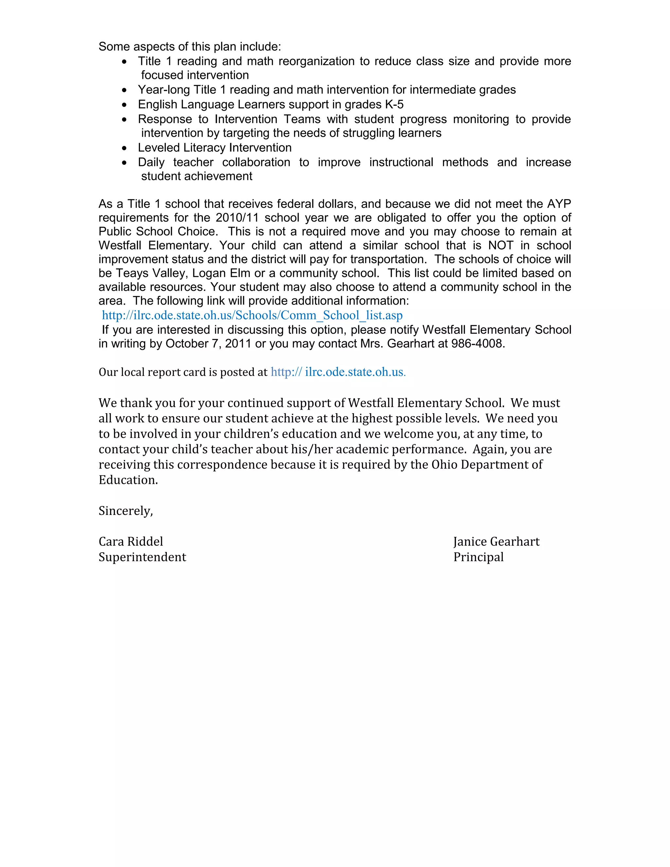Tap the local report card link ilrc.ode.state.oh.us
click(338, 372)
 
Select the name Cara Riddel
click(131, 541)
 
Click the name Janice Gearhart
click(496, 541)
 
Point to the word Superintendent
click(142, 557)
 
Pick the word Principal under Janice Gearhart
click(478, 557)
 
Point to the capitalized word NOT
click(501, 245)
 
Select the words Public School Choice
click(157, 231)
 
